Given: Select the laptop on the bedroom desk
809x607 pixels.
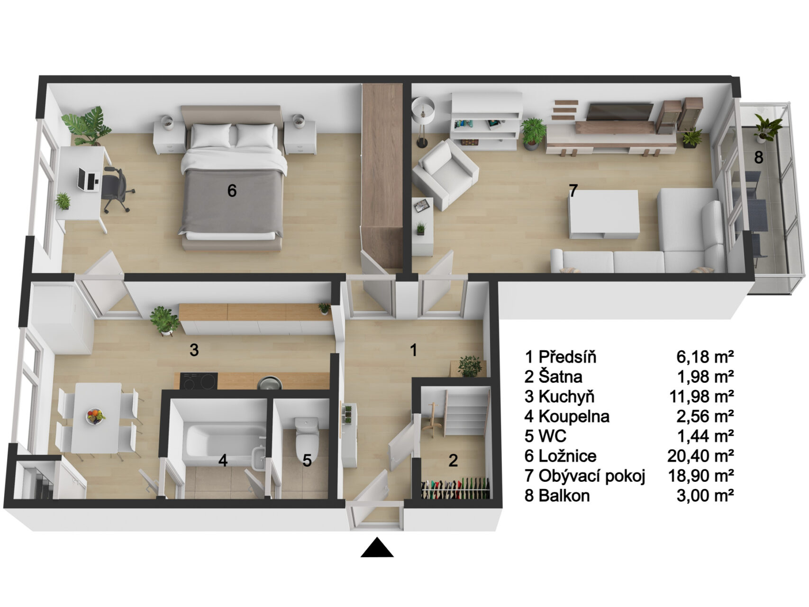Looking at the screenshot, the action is (88, 179).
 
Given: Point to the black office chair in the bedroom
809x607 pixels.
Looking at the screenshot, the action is (117, 188).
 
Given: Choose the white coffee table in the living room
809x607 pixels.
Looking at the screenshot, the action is (603, 214).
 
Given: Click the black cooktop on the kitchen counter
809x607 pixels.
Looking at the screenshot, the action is (199, 381).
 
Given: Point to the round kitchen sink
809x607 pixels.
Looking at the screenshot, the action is (269, 382).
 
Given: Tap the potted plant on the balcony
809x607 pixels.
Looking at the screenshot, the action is (767, 129).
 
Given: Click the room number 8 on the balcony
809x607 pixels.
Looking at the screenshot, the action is (759, 157).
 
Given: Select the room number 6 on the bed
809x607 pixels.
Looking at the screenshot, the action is (232, 191).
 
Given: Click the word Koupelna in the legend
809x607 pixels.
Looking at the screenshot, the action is (574, 416).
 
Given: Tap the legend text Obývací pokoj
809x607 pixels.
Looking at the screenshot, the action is (592, 476).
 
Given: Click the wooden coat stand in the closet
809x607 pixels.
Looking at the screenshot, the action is (434, 417).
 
